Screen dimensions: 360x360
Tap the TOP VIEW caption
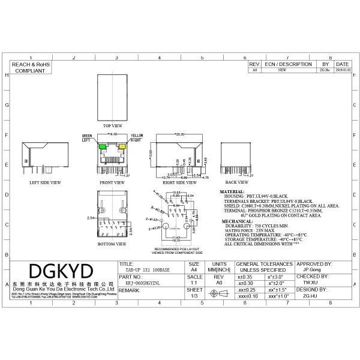(113, 126)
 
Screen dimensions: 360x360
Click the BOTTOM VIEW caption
(112, 244)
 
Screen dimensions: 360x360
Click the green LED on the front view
(103, 146)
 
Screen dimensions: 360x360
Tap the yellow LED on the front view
(122, 146)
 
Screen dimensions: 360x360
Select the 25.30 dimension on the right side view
(178, 135)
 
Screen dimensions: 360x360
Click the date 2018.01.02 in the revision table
(342, 70)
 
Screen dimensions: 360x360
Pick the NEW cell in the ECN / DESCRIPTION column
(283, 70)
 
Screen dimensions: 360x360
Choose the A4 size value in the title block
(194, 271)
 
